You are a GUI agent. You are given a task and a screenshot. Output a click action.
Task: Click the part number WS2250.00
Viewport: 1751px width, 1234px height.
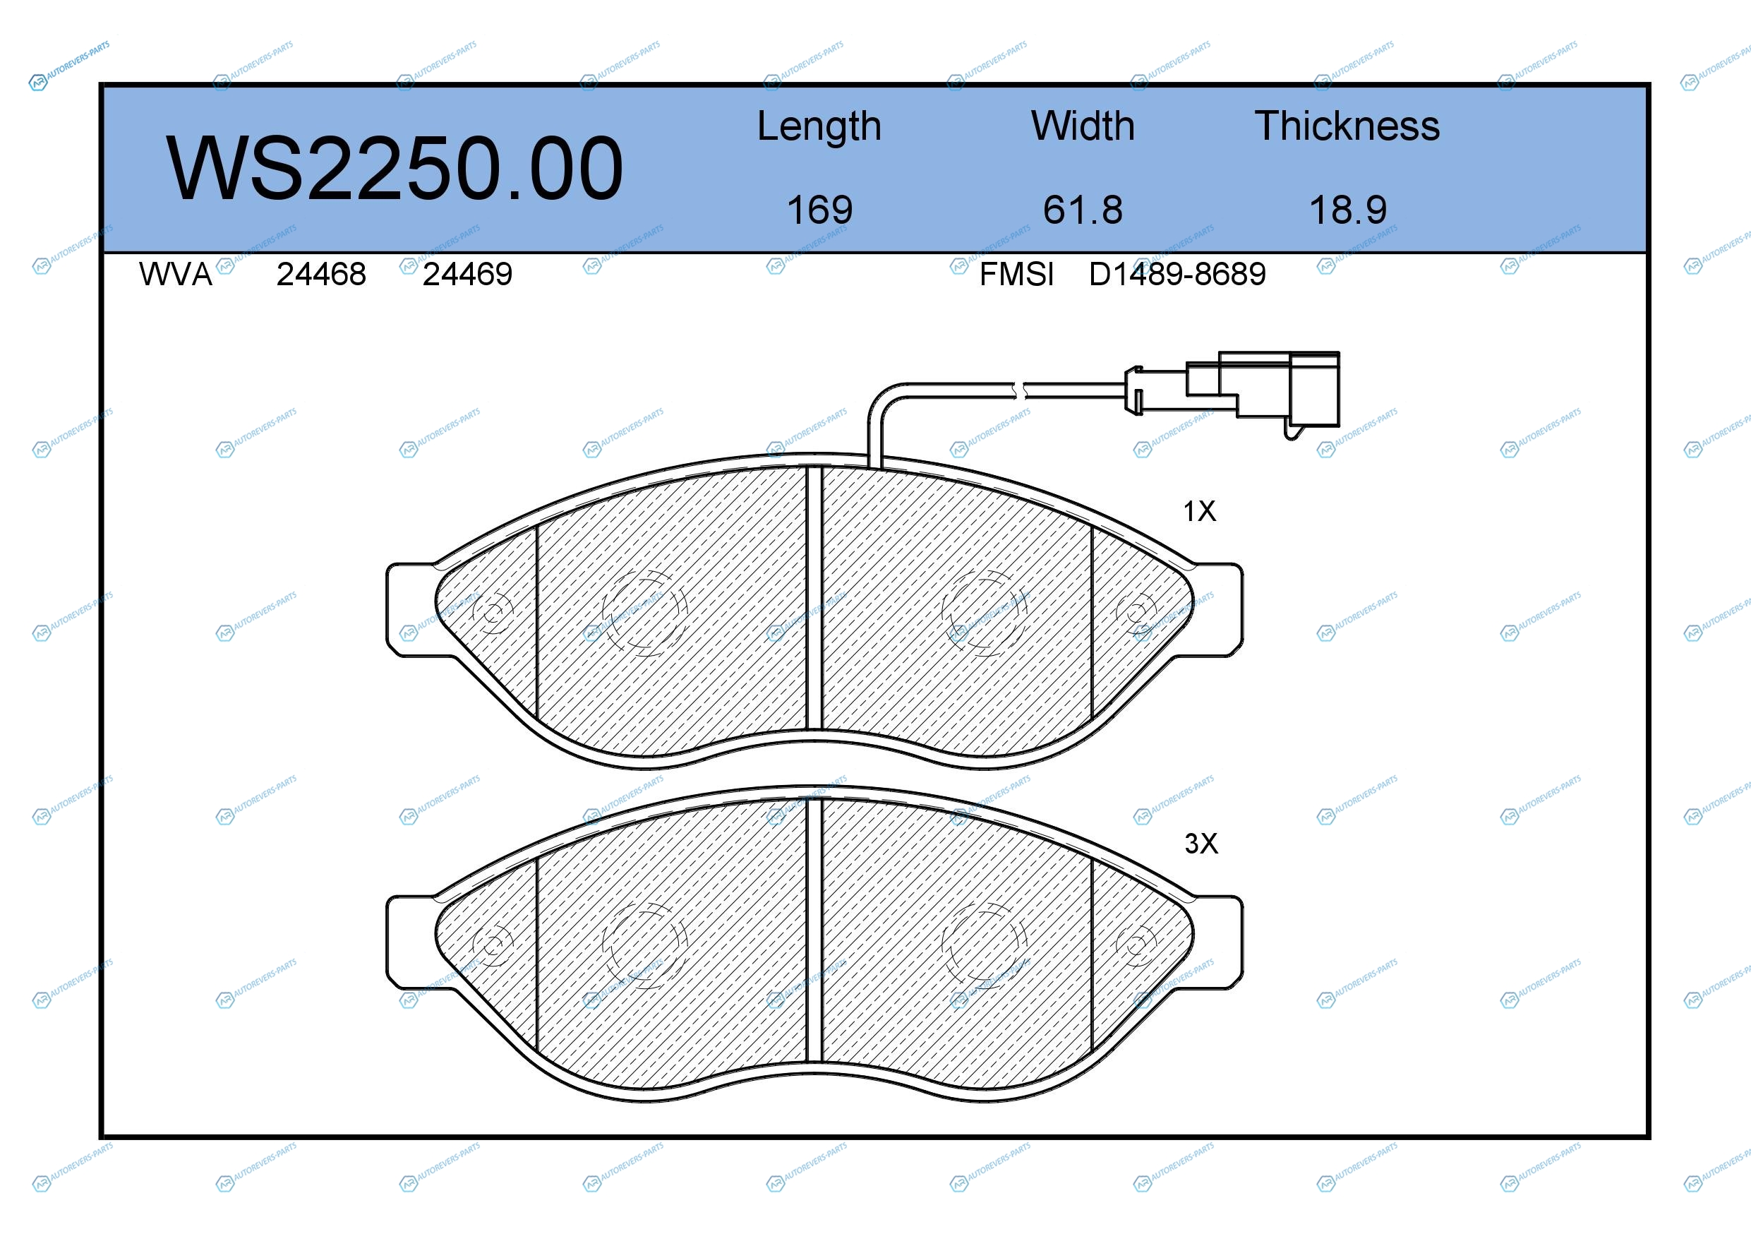(395, 168)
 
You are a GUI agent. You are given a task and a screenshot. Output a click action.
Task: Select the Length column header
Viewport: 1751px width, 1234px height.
(819, 126)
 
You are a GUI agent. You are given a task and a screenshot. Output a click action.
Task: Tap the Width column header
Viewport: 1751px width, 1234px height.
(1083, 126)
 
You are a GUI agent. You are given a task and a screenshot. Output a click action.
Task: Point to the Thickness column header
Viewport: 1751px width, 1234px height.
(1347, 126)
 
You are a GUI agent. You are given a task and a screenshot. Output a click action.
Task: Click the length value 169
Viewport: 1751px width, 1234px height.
(819, 210)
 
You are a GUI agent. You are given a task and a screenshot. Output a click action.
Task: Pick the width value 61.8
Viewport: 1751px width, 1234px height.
(1083, 210)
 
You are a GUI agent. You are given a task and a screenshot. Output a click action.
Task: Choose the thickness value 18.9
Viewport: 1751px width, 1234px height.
(1347, 210)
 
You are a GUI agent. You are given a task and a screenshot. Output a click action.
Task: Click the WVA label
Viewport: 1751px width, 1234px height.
(176, 274)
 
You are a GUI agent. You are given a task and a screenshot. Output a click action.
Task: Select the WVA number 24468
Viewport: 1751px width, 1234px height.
(321, 274)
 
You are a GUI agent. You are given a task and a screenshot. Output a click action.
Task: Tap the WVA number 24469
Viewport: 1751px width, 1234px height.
(467, 274)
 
